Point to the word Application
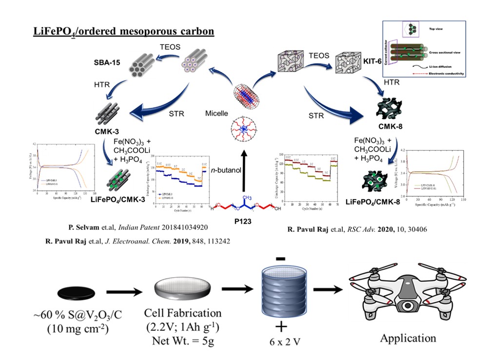click(408, 338)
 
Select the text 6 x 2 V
click(283, 341)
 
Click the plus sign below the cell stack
click(282, 326)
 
